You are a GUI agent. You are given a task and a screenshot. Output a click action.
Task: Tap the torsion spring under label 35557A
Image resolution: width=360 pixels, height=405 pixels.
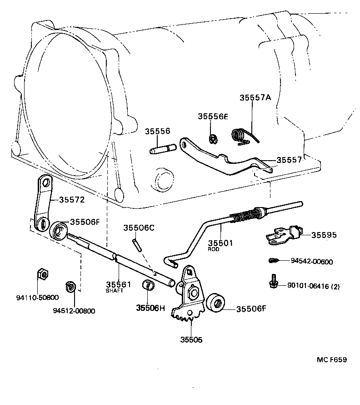tap(240, 135)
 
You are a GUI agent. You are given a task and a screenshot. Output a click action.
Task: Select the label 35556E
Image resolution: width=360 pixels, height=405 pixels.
tap(213, 116)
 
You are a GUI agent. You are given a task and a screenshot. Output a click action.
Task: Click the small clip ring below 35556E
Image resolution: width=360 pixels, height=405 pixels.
tap(212, 138)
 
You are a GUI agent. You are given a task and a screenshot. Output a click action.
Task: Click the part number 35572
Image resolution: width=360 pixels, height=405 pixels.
tap(71, 200)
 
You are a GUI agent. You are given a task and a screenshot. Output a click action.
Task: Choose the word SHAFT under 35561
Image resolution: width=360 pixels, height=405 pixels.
tap(115, 291)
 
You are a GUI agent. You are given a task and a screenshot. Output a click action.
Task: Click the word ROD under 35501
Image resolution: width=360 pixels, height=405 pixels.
tap(214, 250)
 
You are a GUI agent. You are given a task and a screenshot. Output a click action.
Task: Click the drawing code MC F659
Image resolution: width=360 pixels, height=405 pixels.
tap(332, 360)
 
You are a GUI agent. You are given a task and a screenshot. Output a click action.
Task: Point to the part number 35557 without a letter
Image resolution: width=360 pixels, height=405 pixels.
tap(290, 160)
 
